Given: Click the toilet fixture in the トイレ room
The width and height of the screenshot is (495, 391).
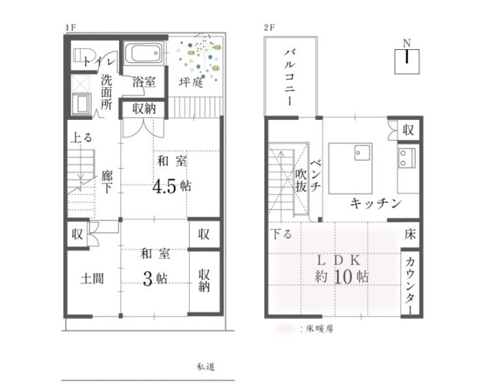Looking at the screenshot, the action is point(83,55).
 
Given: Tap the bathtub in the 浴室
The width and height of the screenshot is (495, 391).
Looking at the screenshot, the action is point(143,53).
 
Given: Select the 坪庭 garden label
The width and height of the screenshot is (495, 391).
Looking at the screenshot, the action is point(191,82).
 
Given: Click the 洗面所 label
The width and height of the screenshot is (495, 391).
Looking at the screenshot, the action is point(106,92).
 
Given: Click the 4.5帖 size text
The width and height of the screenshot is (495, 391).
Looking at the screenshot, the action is point(172,187).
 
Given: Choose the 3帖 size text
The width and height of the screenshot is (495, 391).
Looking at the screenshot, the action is point(155,278).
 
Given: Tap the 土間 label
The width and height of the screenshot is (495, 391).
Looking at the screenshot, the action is point(92,279).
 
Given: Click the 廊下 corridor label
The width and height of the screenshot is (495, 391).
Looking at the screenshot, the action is point(107,181).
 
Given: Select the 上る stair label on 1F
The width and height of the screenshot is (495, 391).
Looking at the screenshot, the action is point(81,138).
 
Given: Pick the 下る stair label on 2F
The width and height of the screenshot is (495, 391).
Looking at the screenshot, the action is point(281,234).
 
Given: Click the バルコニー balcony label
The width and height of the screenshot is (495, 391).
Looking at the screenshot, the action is point(290,77).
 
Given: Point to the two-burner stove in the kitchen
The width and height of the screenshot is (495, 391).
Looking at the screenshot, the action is point(406,157).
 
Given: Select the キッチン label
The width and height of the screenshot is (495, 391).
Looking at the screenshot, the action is point(376,203).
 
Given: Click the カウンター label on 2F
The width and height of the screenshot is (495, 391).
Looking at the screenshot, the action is point(409,286).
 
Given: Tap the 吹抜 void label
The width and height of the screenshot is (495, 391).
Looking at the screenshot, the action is point(301,181).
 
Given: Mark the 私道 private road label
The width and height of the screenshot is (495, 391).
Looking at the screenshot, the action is point(206,366).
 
